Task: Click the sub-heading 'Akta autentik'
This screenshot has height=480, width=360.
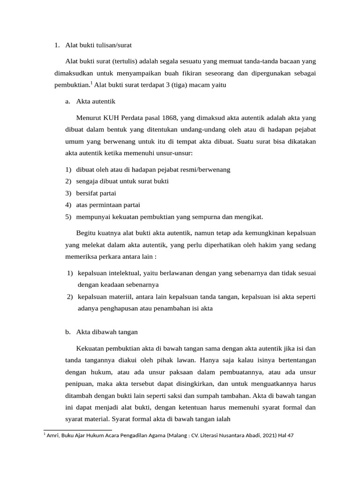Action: tap(96, 101)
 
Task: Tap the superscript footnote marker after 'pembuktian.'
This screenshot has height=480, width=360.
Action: tap(92, 83)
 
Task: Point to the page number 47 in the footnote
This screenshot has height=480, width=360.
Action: tap(290, 435)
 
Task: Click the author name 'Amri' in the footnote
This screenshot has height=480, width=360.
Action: tap(53, 435)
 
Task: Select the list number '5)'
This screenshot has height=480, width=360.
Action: tap(68, 217)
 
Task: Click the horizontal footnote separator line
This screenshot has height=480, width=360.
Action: tap(78, 430)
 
